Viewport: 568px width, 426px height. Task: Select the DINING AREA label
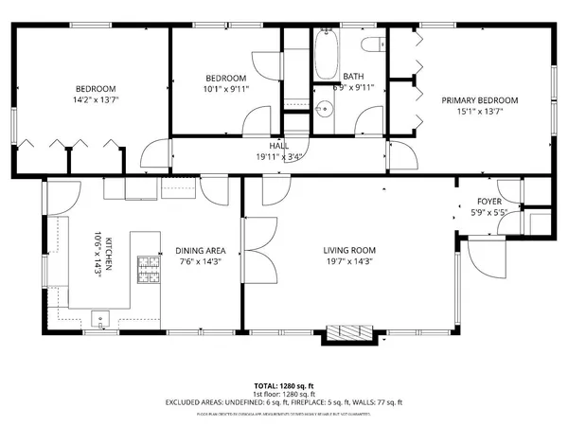(x=198, y=251)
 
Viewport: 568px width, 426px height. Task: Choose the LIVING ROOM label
(x=350, y=251)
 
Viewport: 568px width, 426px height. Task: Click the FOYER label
(x=488, y=201)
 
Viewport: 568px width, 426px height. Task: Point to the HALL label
(x=279, y=146)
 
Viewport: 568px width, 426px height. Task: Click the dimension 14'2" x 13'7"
(x=95, y=98)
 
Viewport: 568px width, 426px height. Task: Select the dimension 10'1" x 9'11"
(x=226, y=89)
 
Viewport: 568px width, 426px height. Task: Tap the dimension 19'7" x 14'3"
(x=350, y=262)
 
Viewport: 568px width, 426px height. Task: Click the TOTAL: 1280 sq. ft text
(x=284, y=386)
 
